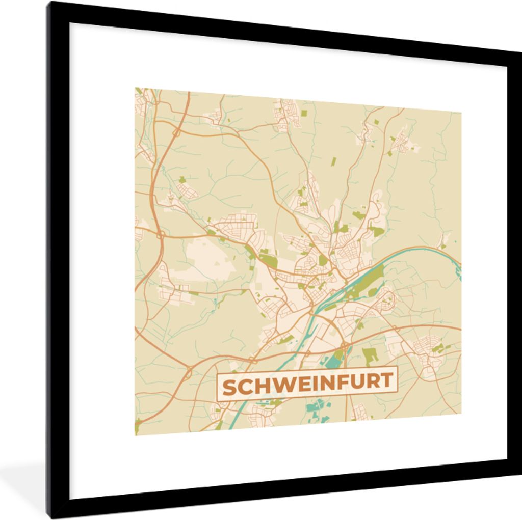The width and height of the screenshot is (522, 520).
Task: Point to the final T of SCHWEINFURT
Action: click(387, 380)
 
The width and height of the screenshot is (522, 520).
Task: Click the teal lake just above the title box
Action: click(334, 360)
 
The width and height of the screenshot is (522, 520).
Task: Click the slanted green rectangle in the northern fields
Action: click(333, 162)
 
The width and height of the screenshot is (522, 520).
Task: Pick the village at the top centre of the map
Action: click(283, 115)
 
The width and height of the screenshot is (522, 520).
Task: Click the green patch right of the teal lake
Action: click(370, 355)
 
